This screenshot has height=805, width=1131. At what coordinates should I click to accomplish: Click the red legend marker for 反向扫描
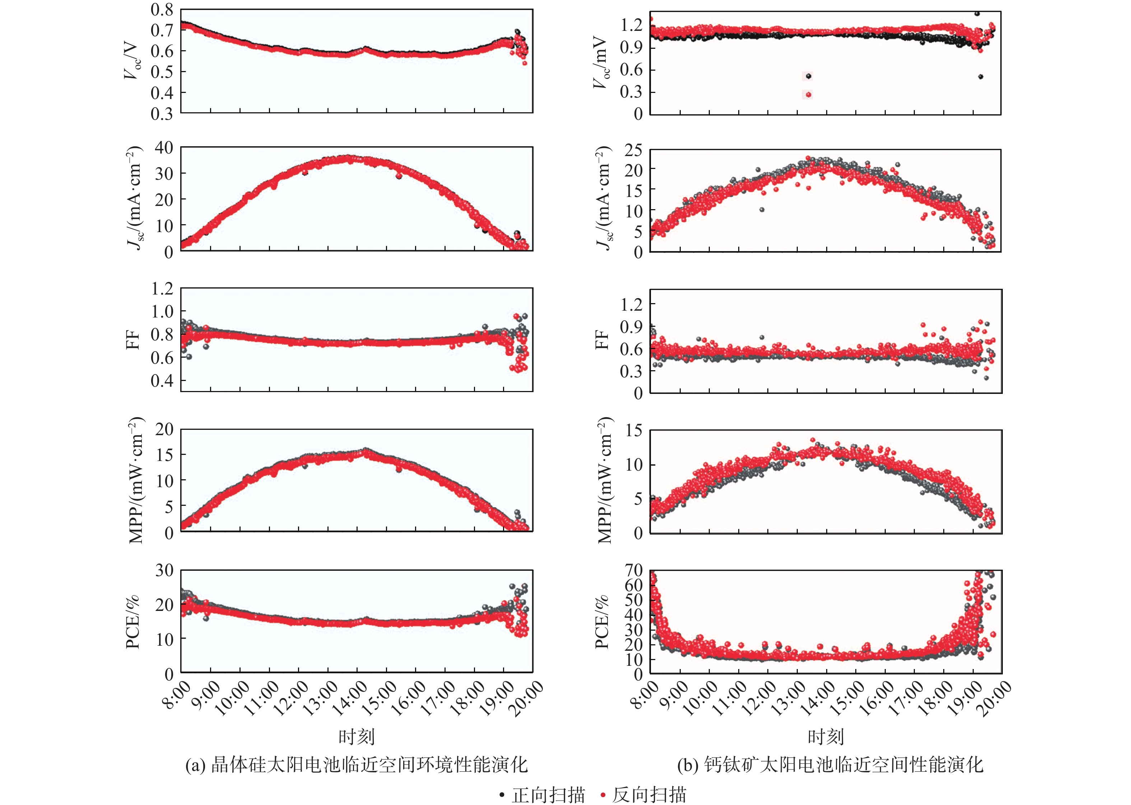coord(603,795)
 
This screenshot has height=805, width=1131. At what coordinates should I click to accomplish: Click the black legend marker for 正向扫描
coord(502,795)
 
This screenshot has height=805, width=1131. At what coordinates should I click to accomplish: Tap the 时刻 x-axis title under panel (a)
coord(356,736)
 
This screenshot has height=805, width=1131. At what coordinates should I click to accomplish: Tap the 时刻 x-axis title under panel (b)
coord(825,736)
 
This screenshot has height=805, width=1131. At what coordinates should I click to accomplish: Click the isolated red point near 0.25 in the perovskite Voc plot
coord(809,95)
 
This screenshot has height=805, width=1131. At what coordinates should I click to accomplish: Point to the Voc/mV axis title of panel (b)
coord(601,62)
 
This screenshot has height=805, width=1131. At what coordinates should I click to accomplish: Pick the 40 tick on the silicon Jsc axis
coord(164,147)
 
